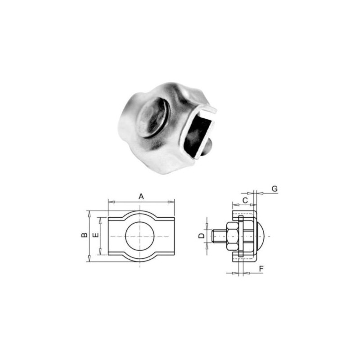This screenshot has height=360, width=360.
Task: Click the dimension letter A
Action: [x=141, y=196]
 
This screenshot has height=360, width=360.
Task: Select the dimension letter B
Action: [x=84, y=235]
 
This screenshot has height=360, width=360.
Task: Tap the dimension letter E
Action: [x=95, y=235]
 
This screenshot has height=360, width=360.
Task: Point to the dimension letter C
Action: [x=245, y=199]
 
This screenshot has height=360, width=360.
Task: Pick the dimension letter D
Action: [x=202, y=235]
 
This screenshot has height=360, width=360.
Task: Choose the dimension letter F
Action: [x=261, y=269]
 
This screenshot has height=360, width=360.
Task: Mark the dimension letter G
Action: [x=275, y=189]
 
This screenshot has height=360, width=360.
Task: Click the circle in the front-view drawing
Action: [x=140, y=236]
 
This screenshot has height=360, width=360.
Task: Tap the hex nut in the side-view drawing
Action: [x=233, y=236]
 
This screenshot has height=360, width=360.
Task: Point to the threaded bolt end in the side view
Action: [x=218, y=236]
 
